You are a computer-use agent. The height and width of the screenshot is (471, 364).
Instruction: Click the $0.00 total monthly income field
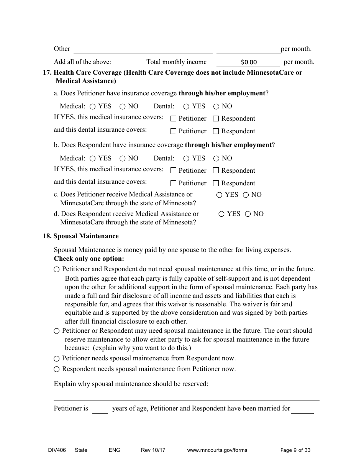pyautogui.click(x=248, y=62)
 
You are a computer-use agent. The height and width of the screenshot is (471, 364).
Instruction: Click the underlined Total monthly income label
pyautogui.click(x=176, y=62)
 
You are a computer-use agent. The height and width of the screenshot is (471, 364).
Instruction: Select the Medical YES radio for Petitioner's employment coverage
pyautogui.click(x=93, y=106)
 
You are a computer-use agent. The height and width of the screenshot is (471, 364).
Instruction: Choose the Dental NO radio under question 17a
pyautogui.click(x=216, y=106)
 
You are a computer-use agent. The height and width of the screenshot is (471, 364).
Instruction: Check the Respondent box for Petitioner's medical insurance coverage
pyautogui.click(x=216, y=119)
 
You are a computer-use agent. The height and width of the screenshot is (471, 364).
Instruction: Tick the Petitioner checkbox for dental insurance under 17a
pyautogui.click(x=173, y=131)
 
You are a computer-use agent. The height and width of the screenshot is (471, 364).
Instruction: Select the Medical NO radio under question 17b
pyautogui.click(x=123, y=159)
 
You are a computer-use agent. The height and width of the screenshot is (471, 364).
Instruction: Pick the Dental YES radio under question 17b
pyautogui.click(x=187, y=159)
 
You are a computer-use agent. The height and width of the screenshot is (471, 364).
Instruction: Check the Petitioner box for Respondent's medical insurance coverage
pyautogui.click(x=173, y=171)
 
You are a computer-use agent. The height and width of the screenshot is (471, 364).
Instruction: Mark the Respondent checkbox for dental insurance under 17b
pyautogui.click(x=216, y=183)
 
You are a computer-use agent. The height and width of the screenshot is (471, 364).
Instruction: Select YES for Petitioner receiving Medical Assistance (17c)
pyautogui.click(x=220, y=195)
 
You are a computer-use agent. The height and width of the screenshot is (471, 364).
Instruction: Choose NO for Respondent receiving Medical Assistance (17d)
pyautogui.click(x=248, y=214)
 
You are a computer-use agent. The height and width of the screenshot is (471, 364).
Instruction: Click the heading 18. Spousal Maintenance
pyautogui.click(x=81, y=236)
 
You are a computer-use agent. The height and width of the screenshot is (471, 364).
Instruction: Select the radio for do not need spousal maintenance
pyautogui.click(x=57, y=270)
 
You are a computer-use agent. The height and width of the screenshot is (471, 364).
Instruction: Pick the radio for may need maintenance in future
pyautogui.click(x=57, y=331)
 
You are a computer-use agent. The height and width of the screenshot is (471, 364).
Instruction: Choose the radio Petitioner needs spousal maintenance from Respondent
pyautogui.click(x=57, y=359)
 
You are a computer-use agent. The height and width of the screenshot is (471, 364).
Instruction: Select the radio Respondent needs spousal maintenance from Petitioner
pyautogui.click(x=57, y=370)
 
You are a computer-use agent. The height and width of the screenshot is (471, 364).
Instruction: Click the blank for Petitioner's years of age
pyautogui.click(x=100, y=409)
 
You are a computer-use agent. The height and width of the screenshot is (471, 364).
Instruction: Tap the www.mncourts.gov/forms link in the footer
pyautogui.click(x=217, y=450)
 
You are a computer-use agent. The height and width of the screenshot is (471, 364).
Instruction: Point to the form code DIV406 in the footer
pyautogui.click(x=52, y=450)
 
